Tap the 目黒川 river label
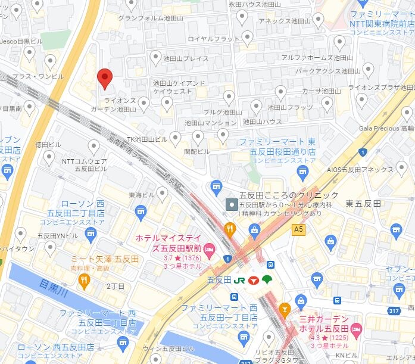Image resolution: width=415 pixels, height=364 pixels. coord(48,285)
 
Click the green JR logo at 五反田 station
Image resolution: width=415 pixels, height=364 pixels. coord(240,279)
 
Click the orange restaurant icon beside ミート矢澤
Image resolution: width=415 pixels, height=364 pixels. coord(85,279)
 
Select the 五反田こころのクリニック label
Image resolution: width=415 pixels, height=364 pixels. coord(288,195)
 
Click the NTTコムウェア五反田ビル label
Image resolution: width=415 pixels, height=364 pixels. coord(84,165)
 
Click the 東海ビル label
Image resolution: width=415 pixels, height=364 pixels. coord(141,194)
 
